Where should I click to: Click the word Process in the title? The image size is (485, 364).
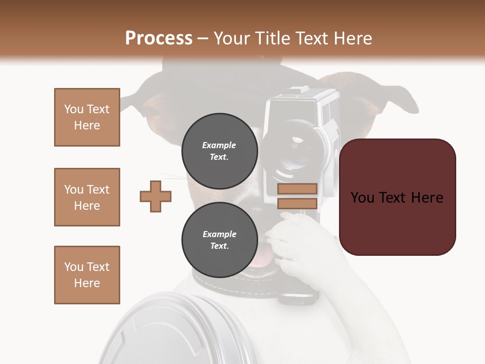click(159, 38)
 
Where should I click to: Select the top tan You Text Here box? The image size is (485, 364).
click(87, 117)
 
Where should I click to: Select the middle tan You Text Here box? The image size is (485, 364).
click(87, 197)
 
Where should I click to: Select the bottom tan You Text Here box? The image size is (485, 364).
click(87, 275)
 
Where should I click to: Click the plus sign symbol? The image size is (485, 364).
click(156, 196)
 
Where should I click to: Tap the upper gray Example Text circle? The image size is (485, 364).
click(219, 151)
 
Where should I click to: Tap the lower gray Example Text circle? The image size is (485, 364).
click(219, 240)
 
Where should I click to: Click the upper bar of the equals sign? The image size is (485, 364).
click(297, 189)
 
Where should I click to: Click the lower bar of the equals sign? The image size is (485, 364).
click(297, 203)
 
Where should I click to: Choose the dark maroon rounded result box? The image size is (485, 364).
click(398, 222)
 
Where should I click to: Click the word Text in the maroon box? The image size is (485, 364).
click(396, 198)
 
